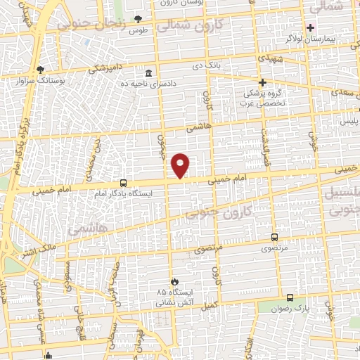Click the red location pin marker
[181, 165]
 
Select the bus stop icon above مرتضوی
[274, 237]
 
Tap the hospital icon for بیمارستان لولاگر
[310, 27]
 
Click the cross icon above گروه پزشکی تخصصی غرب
[262, 82]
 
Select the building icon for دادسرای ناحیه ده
[148, 74]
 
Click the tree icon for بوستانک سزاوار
[40, 70]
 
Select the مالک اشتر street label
[29, 246]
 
